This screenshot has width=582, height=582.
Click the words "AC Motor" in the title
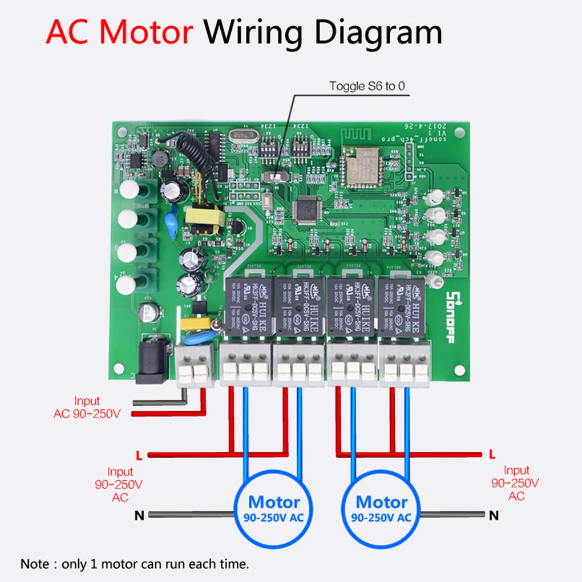click(120, 33)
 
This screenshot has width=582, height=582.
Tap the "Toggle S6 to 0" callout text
click(366, 86)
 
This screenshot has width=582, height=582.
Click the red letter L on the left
click(139, 455)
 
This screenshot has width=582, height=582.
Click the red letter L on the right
click(492, 454)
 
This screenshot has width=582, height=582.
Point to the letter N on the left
click(139, 515)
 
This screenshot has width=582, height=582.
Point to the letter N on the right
click(494, 515)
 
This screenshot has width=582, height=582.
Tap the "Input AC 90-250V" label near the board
click(87, 407)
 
